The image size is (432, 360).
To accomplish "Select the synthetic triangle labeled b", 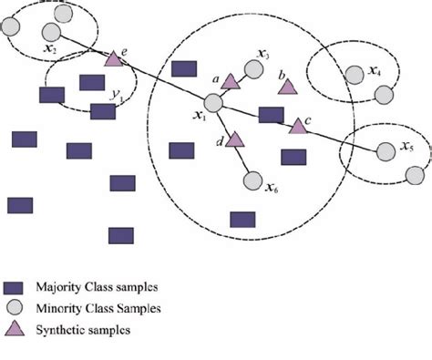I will [287, 87].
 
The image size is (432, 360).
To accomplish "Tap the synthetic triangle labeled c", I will [297, 126].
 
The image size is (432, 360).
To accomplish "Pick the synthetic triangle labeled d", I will [234, 139].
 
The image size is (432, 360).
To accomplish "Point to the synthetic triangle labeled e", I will [113, 59].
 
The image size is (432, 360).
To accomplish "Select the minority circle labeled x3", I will [251, 69].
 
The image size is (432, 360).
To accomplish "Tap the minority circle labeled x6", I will [252, 180].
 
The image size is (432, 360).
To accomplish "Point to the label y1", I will [114, 93].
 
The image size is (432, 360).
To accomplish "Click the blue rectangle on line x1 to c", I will [270, 115].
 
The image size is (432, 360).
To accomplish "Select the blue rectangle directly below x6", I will [242, 219].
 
